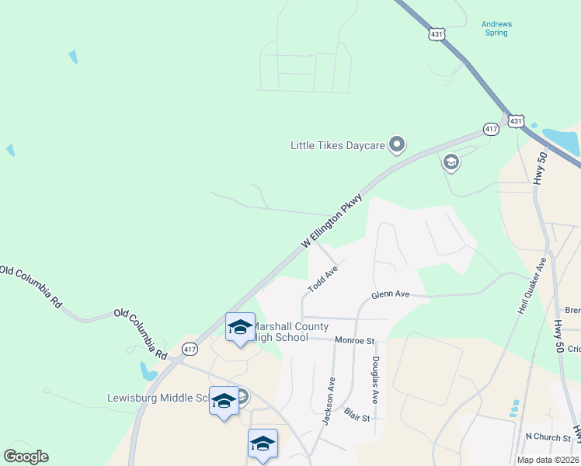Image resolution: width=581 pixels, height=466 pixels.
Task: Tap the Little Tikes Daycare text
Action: [x=338, y=145]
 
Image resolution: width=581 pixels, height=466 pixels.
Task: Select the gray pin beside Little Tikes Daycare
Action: [x=397, y=144]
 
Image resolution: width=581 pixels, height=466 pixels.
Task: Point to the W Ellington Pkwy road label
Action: [x=332, y=221]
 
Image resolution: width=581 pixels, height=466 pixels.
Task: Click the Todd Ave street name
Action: [x=322, y=279]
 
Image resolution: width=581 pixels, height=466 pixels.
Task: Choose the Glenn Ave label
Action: [x=390, y=295]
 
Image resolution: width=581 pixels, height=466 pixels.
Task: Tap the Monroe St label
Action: [x=355, y=340]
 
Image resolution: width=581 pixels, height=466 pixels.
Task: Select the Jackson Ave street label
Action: [x=329, y=401]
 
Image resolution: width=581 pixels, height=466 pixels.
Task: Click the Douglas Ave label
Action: [x=374, y=380]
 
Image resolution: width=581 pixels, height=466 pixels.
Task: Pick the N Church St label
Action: [x=548, y=437]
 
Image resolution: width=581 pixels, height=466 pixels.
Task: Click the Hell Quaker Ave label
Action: [x=532, y=287]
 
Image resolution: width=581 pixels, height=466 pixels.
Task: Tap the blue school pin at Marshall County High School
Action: [x=240, y=326]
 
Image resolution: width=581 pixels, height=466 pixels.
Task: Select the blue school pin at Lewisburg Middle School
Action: [x=224, y=401]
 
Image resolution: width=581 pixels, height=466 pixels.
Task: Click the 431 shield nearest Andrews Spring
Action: [x=437, y=35]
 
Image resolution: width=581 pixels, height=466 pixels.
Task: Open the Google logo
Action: [x=26, y=457]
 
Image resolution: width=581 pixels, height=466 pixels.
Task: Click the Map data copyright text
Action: [x=548, y=460]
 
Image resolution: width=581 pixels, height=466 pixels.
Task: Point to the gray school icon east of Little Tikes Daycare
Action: [x=451, y=162]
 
